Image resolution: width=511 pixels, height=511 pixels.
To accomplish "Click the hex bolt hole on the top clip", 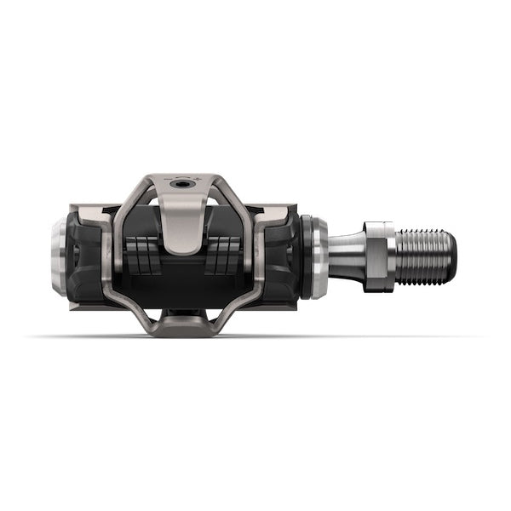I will point(183,183).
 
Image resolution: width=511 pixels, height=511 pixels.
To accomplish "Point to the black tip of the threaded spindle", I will point(451,256).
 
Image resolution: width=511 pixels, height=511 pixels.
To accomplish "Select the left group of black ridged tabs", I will point(141,255).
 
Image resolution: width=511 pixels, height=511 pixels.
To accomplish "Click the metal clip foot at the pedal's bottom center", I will point(183,321).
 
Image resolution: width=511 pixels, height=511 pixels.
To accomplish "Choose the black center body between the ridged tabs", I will point(183,273).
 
